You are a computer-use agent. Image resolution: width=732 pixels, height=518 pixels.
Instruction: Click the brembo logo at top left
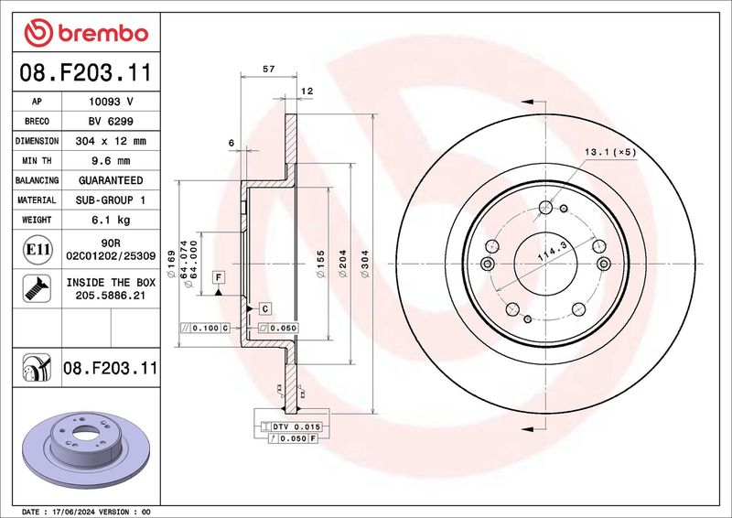pos(86,33)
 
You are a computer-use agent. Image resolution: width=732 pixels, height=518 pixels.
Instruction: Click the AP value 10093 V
pos(111,102)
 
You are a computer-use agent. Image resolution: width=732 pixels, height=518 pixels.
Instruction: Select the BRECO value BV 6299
pos(111,121)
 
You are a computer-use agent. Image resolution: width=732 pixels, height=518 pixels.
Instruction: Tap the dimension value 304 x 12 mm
pos(111,141)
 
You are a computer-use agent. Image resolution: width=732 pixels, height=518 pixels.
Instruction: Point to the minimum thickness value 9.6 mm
pos(111,161)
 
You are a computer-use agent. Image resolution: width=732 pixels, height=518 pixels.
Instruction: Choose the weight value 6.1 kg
pos(111,220)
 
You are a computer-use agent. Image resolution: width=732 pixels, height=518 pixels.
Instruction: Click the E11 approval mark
pos(38,250)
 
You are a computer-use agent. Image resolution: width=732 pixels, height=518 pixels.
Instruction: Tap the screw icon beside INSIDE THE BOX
pos(37,288)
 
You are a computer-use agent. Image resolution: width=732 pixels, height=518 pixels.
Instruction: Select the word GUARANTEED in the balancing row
pos(111,180)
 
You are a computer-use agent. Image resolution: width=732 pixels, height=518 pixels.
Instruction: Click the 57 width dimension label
pos(268,70)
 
